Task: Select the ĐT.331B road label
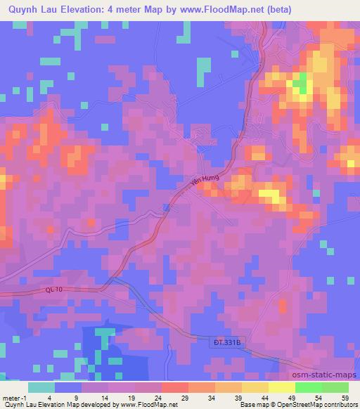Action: [229, 342]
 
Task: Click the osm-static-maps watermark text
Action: [323, 375]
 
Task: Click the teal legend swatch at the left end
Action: [41, 387]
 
